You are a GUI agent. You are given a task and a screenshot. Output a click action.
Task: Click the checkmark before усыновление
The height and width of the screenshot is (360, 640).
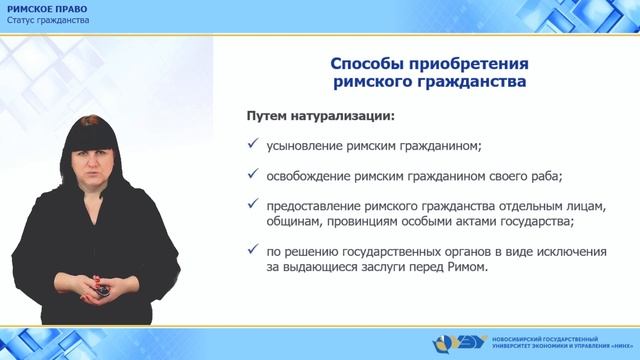(253, 145)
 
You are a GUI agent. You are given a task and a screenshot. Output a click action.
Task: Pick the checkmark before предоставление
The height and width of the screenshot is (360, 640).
(253, 207)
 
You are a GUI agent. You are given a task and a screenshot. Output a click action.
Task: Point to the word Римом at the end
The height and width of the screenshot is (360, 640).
(469, 268)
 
